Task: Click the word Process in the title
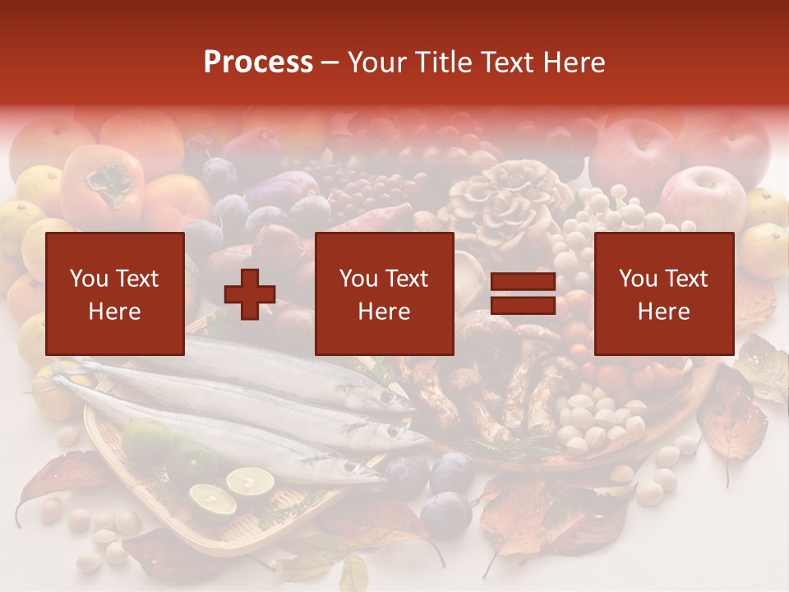[258, 62]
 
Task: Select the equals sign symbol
[523, 294]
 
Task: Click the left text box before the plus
[115, 294]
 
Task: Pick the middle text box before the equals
[384, 294]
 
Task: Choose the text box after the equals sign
[663, 294]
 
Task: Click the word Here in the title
[574, 62]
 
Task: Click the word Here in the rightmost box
[663, 312]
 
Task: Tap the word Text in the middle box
[406, 279]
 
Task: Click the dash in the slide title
[330, 62]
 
